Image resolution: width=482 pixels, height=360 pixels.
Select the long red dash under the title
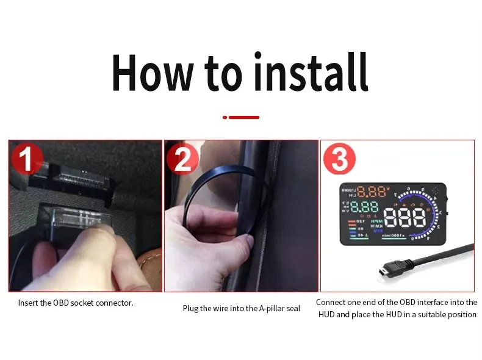click(244, 117)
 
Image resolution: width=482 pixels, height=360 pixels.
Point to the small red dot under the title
click(225, 117)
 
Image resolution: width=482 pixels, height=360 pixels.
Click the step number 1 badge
click(26, 160)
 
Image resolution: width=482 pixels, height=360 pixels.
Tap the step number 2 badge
click(182, 160)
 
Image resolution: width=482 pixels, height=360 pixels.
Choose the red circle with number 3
click(339, 160)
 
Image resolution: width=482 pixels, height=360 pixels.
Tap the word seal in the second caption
click(293, 309)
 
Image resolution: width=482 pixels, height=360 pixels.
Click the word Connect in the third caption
click(330, 303)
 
